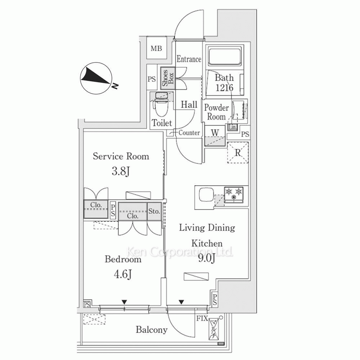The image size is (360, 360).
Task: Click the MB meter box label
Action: (156, 49)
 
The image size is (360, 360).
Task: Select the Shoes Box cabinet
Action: (168, 78)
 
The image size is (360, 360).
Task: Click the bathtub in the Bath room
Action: (225, 56)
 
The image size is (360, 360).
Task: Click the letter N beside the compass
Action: (115, 86)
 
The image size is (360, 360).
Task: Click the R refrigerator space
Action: (238, 153)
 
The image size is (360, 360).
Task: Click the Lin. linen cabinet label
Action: (232, 127)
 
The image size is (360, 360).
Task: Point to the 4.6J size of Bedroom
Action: (123, 274)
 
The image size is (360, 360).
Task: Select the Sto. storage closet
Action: (154, 211)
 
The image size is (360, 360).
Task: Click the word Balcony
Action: (152, 330)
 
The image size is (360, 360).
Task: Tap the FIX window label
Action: (202, 319)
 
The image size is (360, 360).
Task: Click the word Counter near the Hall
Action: (189, 133)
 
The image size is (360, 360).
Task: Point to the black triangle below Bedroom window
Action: (125, 302)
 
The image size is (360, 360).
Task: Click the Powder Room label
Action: (216, 112)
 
